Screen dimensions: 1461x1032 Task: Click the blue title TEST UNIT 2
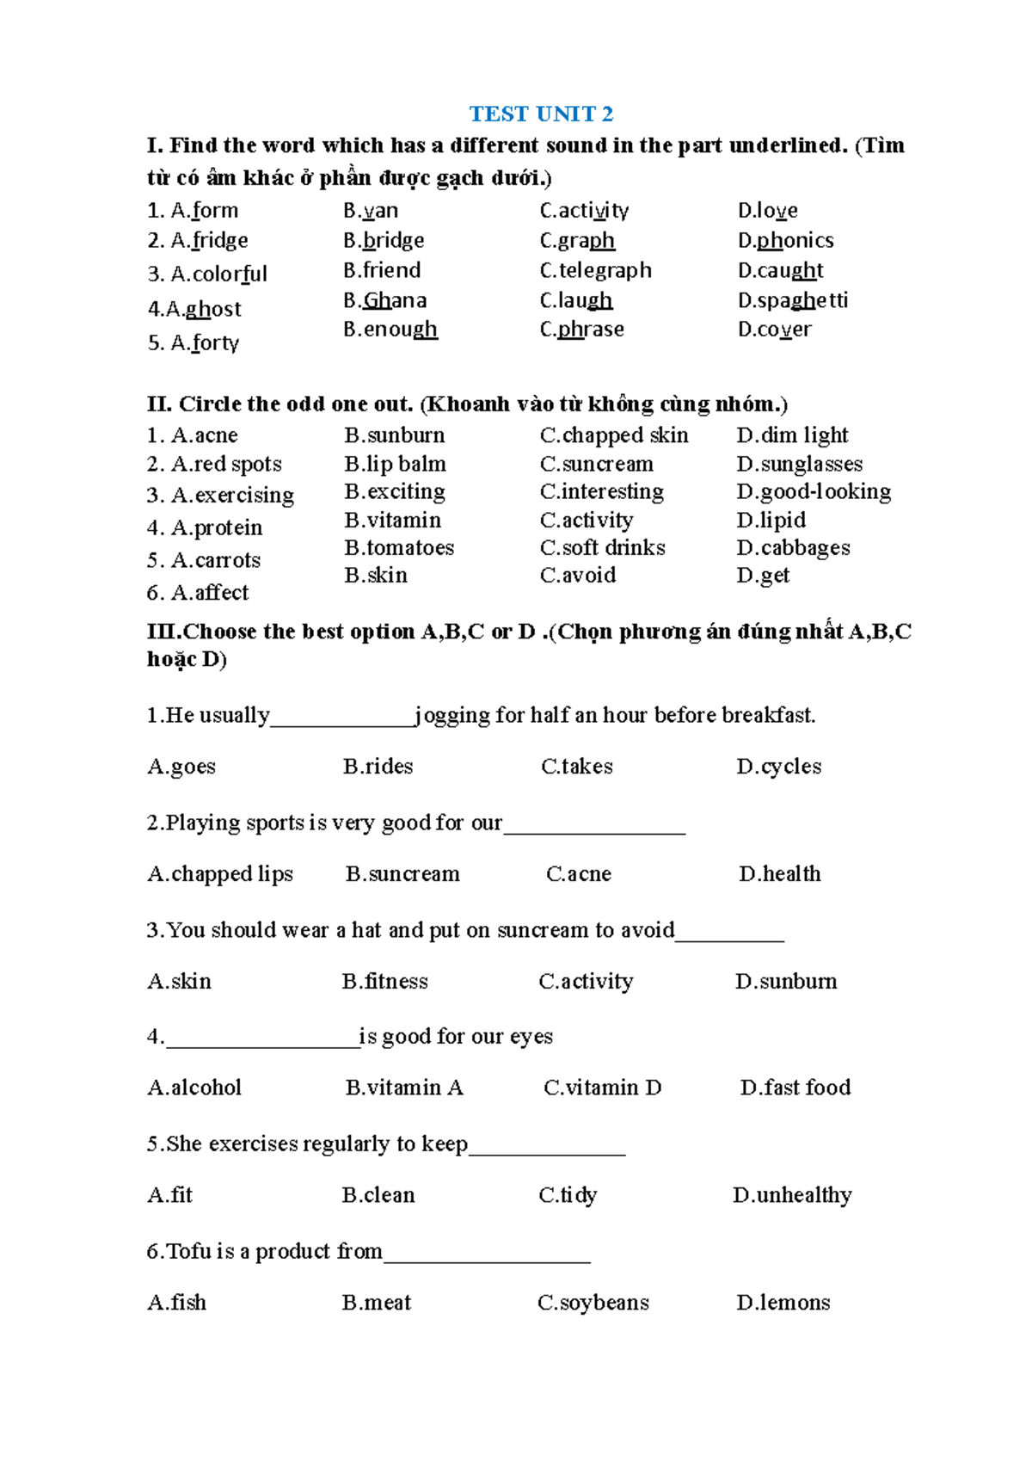pyautogui.click(x=541, y=114)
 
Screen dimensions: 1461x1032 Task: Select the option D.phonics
pyautogui.click(x=785, y=240)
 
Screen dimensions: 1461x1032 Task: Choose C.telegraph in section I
pyautogui.click(x=595, y=270)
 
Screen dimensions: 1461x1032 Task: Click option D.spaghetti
pyautogui.click(x=792, y=300)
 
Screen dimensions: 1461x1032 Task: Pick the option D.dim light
pyautogui.click(x=792, y=435)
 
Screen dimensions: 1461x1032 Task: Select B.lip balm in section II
pyautogui.click(x=395, y=464)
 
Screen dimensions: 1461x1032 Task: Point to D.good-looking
pyautogui.click(x=814, y=491)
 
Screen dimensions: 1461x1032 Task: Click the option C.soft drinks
pyautogui.click(x=602, y=547)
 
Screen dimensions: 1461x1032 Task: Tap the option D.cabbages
pyautogui.click(x=793, y=547)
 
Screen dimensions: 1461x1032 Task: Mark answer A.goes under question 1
pyautogui.click(x=181, y=766)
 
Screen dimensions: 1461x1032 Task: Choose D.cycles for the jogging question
pyautogui.click(x=778, y=766)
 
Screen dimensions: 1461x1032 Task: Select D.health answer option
pyautogui.click(x=779, y=873)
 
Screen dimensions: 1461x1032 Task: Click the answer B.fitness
pyautogui.click(x=384, y=981)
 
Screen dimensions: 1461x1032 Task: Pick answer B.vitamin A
pyautogui.click(x=404, y=1088)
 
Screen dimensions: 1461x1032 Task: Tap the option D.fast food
pyautogui.click(x=795, y=1088)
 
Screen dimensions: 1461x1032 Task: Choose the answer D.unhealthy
pyautogui.click(x=792, y=1195)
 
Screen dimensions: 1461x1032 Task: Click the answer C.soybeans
pyautogui.click(x=593, y=1303)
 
